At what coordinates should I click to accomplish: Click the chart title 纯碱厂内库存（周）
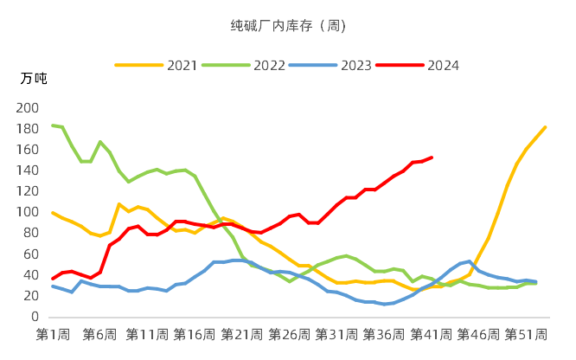pos(288,25)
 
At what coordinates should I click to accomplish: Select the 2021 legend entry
pos(182,65)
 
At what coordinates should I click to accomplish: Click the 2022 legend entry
pos(268,65)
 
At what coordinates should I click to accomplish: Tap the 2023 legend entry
pos(355,65)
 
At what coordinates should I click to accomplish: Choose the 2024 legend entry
pos(442,65)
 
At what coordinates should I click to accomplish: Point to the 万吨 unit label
pos(34,79)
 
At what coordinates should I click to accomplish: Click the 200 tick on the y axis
pos(29,108)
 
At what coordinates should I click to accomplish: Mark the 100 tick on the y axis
pos(29,212)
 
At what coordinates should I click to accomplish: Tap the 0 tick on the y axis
pos(35,317)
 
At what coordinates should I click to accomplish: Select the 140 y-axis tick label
pos(29,170)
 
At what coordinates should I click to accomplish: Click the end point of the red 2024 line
pos(432,157)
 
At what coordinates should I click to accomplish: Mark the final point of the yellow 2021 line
pos(546,127)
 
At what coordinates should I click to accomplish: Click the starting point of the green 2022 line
pos(53,125)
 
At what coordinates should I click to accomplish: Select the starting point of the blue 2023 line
pos(53,286)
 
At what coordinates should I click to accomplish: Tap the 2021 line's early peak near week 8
pos(119,204)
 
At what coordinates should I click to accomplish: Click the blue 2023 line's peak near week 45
pos(470,261)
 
